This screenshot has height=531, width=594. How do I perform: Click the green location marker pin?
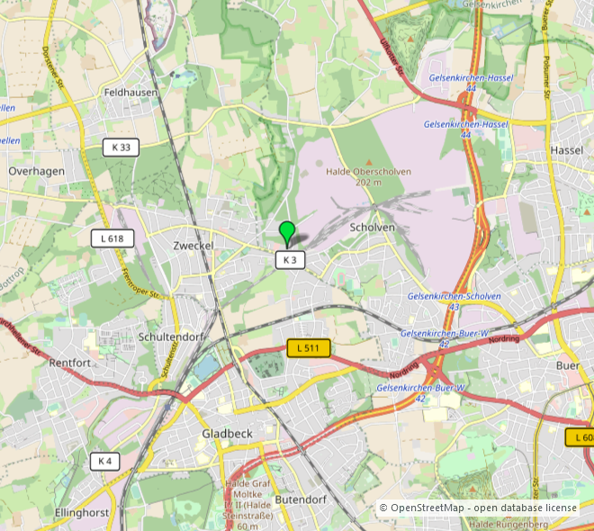287,231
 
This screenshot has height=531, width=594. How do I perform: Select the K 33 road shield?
121,148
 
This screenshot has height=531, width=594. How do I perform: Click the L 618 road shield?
112,238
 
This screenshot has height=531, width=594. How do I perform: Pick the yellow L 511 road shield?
309,347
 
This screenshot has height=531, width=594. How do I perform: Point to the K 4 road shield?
104,462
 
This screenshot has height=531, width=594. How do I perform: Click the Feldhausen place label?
131,93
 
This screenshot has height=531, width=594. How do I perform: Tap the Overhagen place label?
37,170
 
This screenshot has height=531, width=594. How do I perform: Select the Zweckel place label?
193,245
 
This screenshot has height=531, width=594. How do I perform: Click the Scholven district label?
373,228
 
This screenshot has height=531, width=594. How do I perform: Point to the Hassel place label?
567,149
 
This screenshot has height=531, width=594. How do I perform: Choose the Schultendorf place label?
172,337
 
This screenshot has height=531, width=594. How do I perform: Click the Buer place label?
567,365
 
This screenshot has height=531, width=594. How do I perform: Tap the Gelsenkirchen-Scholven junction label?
454,296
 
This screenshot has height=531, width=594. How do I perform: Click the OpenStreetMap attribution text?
478,508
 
